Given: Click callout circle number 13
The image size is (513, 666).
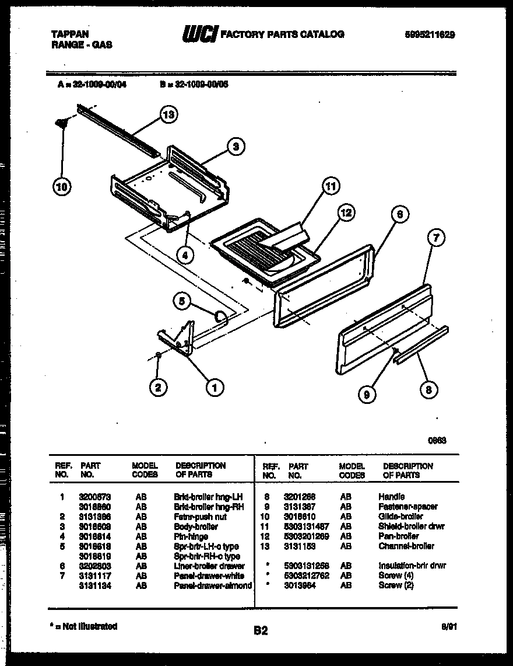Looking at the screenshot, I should pos(168,115).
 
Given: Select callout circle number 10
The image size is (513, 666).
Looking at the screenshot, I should pos(61,187).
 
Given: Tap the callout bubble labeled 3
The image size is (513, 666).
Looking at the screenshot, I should pos(236,147).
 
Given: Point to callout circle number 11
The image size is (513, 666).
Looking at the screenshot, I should pos(331,187).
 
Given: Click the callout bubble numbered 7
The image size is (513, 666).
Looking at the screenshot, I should pos(435,238).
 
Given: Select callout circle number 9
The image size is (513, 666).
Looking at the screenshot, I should pos(367,395).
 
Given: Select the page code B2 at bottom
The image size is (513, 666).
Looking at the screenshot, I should pos(260,630).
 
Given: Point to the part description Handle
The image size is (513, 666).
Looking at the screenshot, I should pos(391,497).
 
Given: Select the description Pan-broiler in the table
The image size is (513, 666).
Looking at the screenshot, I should pos(398,536).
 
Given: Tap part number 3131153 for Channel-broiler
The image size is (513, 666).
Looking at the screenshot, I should pos(301,546).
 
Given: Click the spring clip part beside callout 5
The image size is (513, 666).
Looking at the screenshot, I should pos(220,317).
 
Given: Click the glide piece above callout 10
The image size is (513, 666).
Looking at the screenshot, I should pos(61,121).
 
